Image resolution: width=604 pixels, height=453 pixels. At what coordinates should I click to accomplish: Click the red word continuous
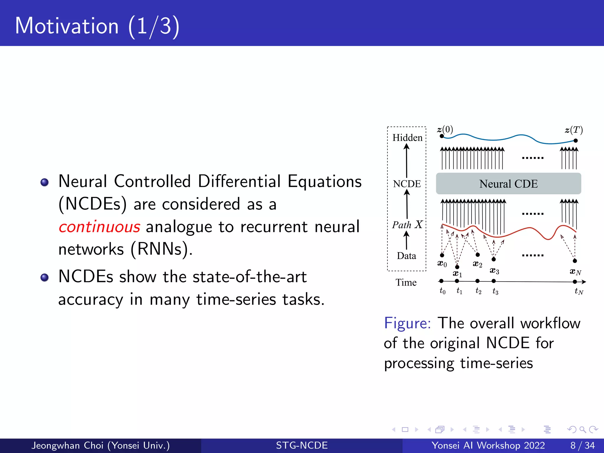click(x=99, y=227)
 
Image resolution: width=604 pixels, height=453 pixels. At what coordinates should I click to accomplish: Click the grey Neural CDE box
click(x=508, y=184)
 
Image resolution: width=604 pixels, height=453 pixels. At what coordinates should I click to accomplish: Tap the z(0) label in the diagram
click(x=445, y=129)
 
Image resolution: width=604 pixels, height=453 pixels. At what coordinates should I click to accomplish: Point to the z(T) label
click(x=574, y=130)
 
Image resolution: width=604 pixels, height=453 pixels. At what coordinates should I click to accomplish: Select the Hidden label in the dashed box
click(x=407, y=138)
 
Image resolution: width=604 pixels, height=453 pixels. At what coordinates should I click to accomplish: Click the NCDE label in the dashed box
click(x=407, y=184)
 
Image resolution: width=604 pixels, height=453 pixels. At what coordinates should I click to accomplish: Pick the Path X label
click(x=407, y=225)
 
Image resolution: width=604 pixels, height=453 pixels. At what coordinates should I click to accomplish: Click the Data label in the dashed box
click(x=406, y=256)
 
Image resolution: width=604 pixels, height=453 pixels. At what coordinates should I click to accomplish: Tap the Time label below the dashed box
click(x=406, y=283)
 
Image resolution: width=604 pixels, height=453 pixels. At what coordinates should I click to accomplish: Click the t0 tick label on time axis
click(x=442, y=291)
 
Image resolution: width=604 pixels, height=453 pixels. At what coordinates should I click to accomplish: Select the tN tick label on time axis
click(x=579, y=292)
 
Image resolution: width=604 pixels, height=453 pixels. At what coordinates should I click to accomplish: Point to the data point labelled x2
click(x=478, y=255)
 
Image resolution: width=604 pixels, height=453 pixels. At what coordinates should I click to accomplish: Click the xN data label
click(x=575, y=272)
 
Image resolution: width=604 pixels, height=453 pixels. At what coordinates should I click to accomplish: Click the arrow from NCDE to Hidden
click(x=407, y=161)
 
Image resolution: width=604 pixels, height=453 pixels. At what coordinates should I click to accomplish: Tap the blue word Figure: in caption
click(x=407, y=323)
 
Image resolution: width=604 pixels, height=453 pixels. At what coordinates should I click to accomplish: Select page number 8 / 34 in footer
click(x=582, y=445)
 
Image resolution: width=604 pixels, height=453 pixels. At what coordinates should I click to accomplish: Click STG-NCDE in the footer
click(x=302, y=445)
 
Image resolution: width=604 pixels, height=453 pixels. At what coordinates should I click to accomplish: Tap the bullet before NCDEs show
click(x=45, y=278)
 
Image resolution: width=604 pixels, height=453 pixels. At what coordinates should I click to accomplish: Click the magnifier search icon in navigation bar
click(x=582, y=429)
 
